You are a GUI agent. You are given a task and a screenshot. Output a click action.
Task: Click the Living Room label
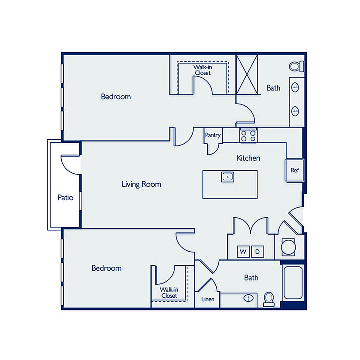141,185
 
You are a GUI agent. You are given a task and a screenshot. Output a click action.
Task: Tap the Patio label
65,198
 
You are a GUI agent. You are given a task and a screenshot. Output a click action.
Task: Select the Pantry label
213,135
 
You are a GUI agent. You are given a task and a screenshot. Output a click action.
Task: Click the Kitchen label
248,158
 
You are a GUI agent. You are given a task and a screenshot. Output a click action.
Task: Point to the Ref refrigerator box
295,170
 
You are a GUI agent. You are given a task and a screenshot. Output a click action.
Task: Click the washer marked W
243,252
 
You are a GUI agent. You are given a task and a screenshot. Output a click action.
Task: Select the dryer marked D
257,252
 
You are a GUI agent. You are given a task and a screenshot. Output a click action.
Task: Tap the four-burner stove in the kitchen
248,135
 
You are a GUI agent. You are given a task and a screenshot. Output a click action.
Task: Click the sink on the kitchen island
228,177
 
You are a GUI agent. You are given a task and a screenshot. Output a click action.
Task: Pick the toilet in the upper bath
296,67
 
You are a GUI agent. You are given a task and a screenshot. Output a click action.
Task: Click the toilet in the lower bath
269,299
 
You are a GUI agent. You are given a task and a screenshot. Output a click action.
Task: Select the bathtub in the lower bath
293,283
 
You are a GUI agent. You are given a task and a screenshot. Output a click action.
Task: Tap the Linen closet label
208,299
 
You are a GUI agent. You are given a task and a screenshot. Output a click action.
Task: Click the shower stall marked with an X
247,74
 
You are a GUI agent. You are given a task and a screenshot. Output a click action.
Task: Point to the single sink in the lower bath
248,298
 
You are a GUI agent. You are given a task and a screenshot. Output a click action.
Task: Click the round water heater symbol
289,247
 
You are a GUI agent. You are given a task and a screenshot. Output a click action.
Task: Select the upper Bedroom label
116,97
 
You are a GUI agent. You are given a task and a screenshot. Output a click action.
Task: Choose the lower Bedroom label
106,268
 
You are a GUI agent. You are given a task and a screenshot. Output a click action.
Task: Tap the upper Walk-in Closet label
203,70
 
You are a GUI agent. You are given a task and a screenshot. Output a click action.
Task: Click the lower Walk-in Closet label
169,293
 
